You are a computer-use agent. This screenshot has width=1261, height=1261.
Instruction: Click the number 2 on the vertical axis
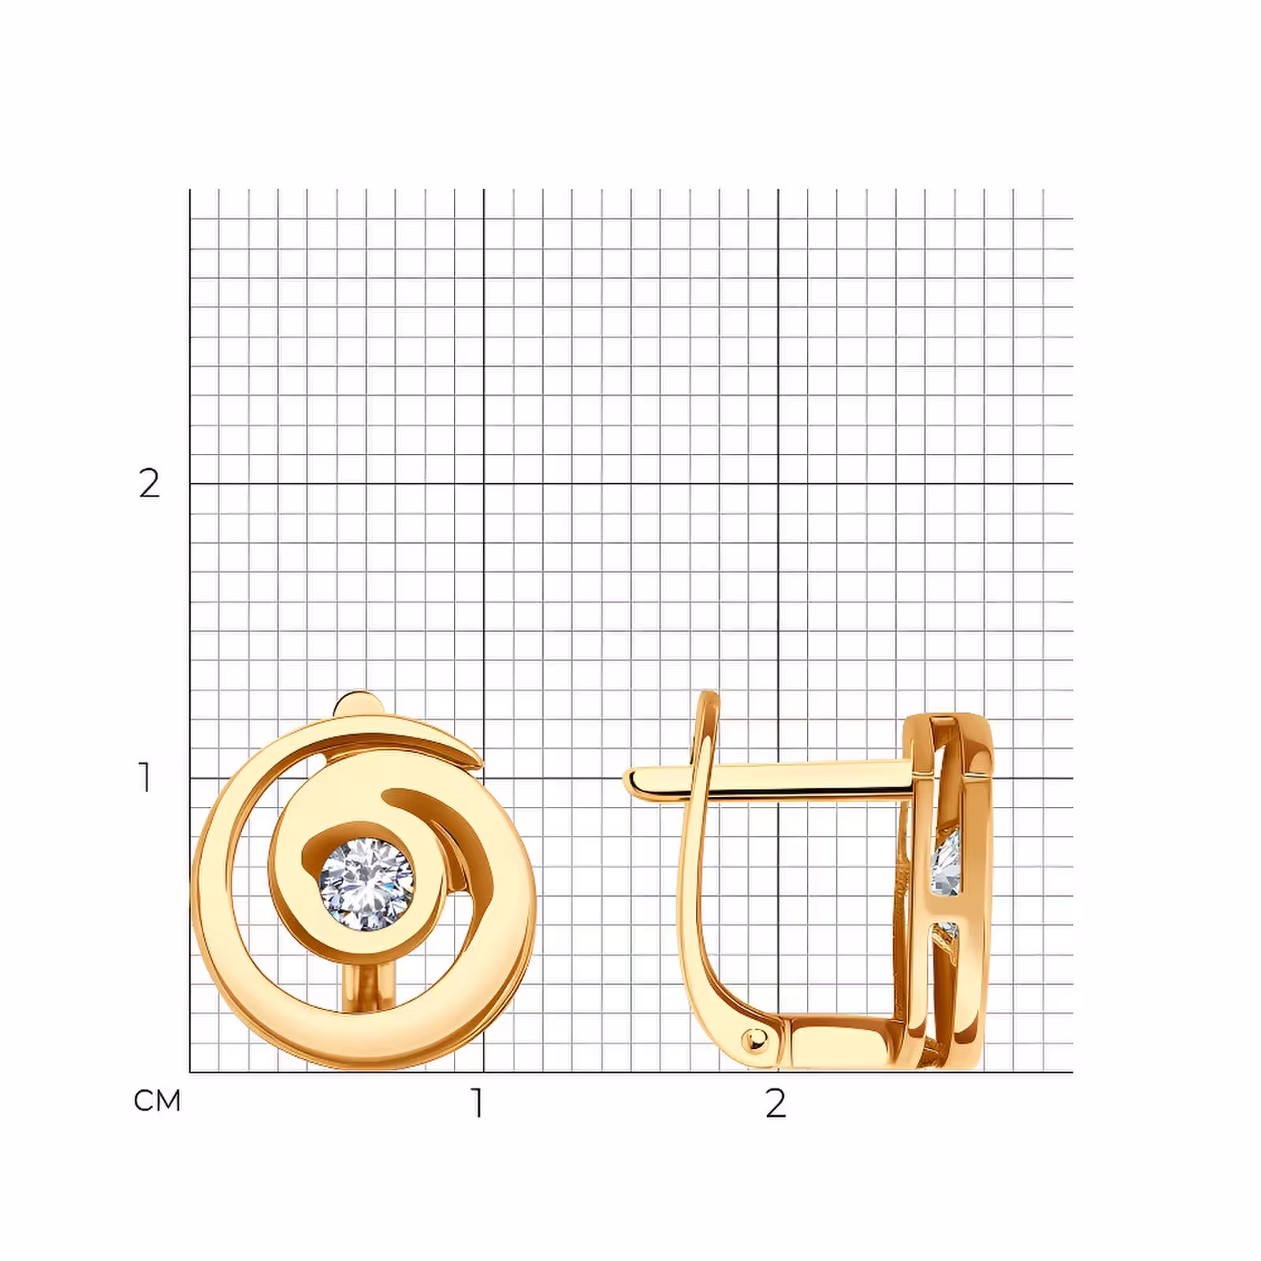click(x=149, y=483)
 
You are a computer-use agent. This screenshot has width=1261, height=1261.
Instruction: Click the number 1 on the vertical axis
click(x=145, y=777)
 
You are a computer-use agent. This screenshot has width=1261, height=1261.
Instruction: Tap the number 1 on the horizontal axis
click(x=477, y=1103)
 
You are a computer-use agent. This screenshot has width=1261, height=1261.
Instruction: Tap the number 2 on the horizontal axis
click(x=776, y=1103)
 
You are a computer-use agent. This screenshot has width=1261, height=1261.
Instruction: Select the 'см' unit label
click(x=158, y=1101)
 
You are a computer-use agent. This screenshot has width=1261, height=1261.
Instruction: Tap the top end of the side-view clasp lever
click(x=709, y=696)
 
